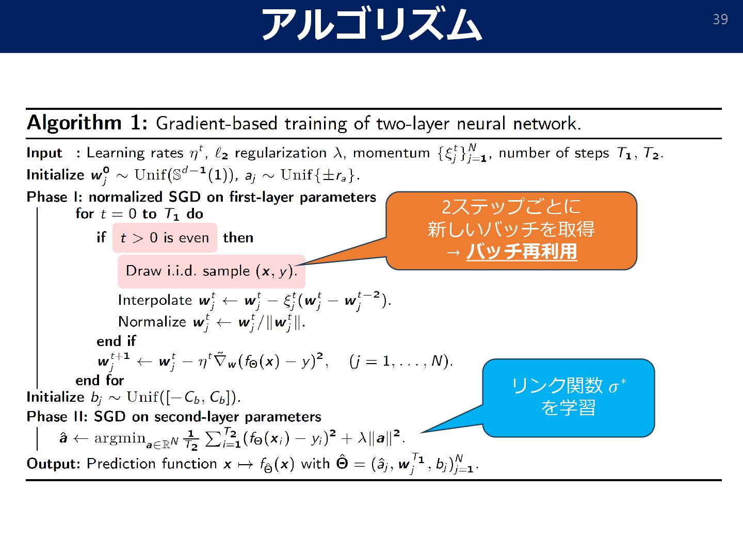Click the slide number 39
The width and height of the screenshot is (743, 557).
[720, 20]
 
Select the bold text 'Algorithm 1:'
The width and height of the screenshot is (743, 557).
[87, 123]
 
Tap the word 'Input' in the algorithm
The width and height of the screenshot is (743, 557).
[44, 153]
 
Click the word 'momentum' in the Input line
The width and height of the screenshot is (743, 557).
[391, 153]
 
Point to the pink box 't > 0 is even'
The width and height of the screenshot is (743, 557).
[165, 238]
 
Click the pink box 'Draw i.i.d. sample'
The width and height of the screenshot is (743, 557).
[211, 271]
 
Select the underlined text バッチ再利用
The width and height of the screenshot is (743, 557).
[521, 252]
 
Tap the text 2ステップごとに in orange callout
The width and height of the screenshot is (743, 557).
[511, 207]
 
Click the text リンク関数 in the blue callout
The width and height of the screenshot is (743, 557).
[556, 385]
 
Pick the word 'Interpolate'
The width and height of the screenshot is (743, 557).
[155, 300]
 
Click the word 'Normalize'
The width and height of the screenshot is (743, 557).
[152, 322]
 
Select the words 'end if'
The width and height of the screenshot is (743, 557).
[116, 341]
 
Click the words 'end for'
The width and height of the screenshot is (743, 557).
[100, 381]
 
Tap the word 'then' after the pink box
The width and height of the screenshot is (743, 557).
[238, 238]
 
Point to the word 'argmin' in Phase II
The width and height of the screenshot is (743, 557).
[120, 438]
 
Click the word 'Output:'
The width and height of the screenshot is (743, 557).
[53, 464]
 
